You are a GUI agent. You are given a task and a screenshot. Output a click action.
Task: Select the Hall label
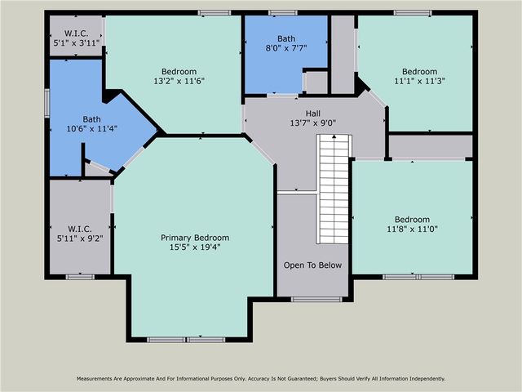[313, 114]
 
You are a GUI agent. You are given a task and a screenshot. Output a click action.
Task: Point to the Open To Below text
[312, 265]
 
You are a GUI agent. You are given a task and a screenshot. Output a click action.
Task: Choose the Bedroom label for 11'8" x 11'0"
[412, 219]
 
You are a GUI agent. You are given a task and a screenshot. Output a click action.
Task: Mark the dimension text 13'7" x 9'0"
[313, 123]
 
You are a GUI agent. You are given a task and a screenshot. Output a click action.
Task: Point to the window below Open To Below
[316, 300]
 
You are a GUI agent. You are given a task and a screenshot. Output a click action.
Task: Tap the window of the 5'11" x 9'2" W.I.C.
[80, 277]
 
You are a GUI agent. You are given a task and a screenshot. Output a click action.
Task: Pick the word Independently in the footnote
[422, 379]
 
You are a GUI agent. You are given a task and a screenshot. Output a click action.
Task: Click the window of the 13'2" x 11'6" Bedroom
[214, 12]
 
